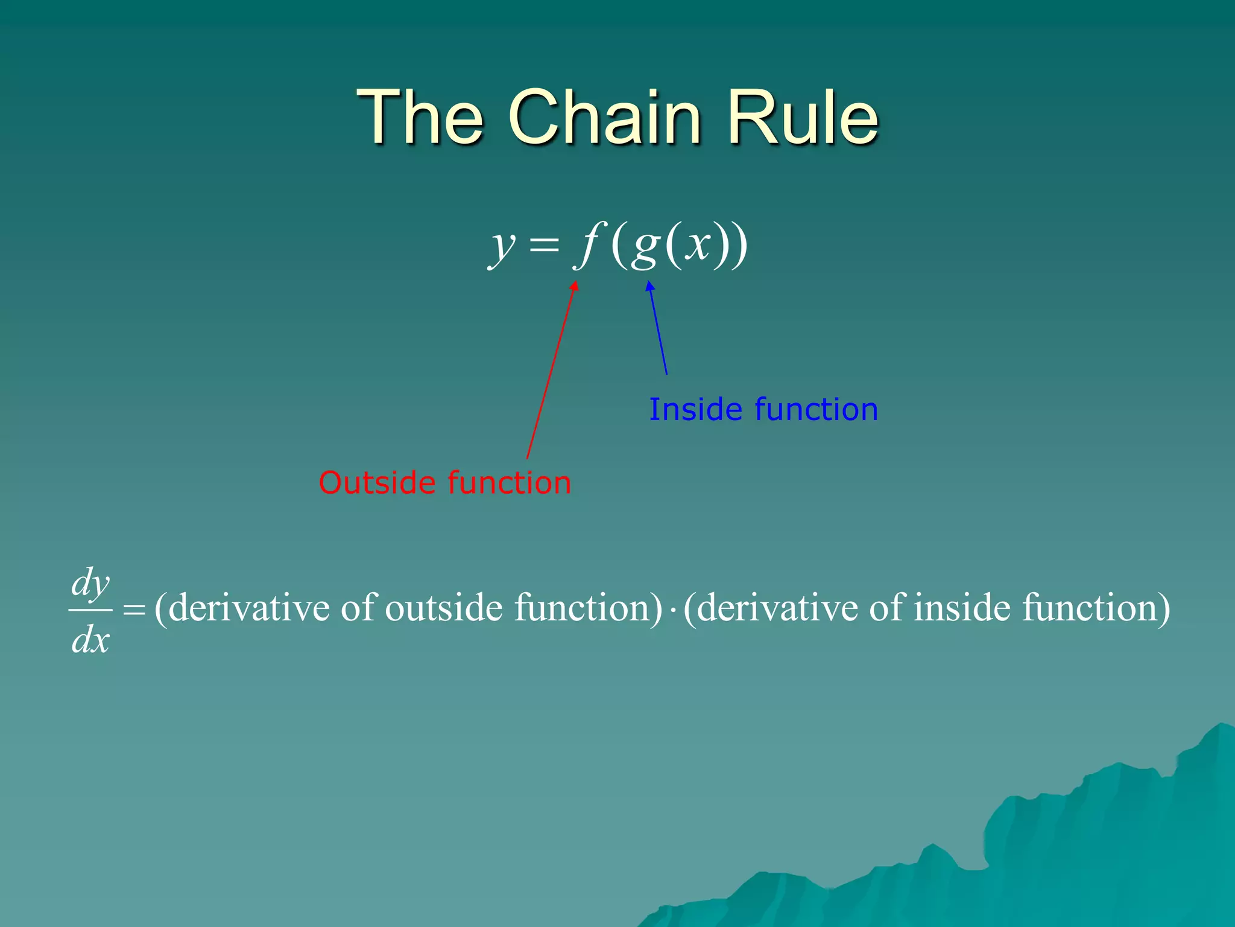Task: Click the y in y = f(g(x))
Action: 502,247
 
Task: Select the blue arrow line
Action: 658,329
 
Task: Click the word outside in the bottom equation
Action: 443,608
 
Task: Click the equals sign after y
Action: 544,246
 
